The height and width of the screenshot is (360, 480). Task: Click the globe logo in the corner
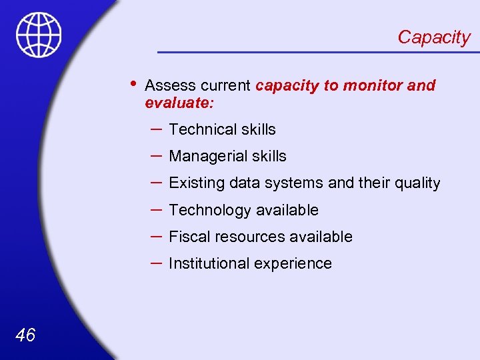pos(39,35)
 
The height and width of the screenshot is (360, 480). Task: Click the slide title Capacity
pos(433,37)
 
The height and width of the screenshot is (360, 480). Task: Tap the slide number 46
pos(25,335)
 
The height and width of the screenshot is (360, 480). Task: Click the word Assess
pos(167,86)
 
